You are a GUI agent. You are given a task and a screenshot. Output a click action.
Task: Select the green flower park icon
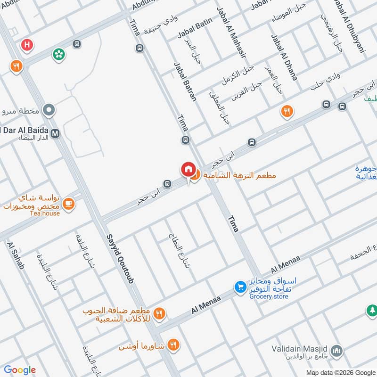click(59, 55)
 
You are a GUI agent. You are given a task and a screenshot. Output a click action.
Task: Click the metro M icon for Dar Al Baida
click(56, 133)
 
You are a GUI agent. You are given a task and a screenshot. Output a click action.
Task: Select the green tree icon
click(372, 311)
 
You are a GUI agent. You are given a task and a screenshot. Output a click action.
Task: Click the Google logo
click(20, 370)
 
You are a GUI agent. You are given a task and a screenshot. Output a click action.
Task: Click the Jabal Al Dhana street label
click(284, 57)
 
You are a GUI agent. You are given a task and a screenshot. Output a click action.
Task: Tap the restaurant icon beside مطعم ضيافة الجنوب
click(160, 312)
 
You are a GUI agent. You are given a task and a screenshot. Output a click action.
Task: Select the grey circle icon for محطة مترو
click(49, 111)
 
